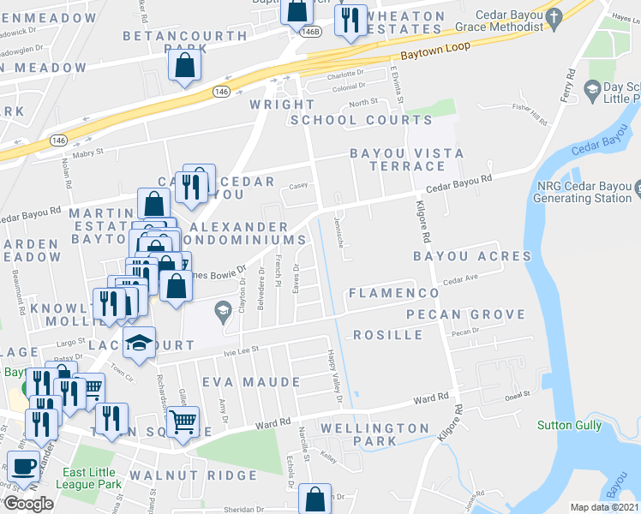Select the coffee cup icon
coord(24,467)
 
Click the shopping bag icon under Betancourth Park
coord(185,65)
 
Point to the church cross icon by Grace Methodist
coord(554,15)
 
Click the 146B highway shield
coord(312,31)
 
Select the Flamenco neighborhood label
coord(394,293)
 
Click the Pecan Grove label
coord(465,314)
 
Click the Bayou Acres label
coord(472,256)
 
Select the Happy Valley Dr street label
coord(334,377)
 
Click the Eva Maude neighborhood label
coord(250,380)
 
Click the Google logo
coord(27,504)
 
